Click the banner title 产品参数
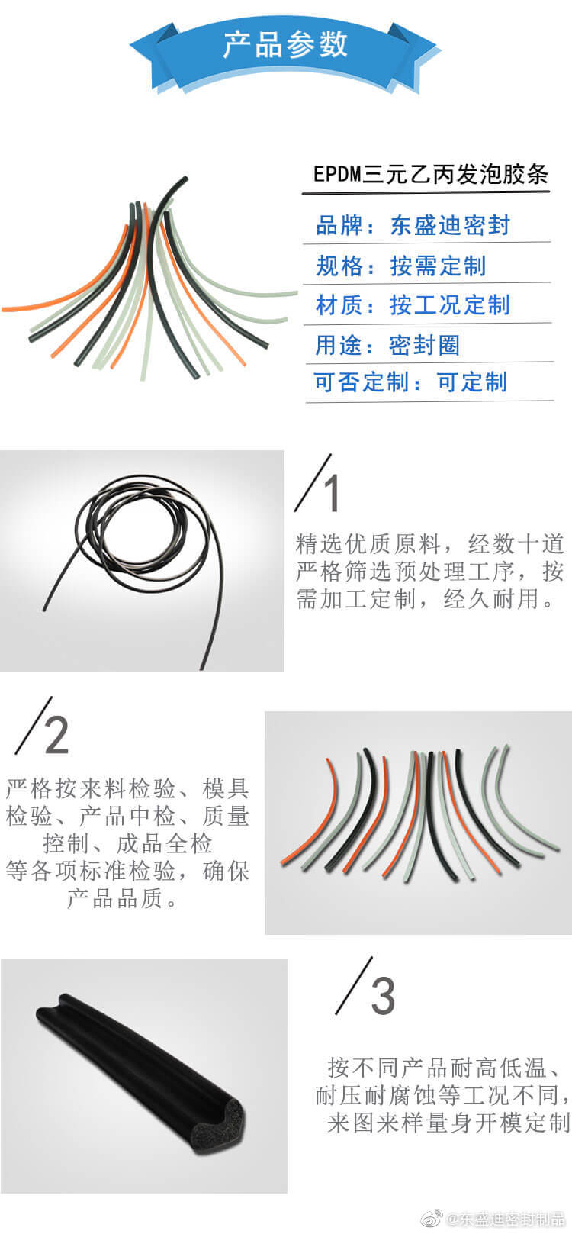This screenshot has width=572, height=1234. click(285, 44)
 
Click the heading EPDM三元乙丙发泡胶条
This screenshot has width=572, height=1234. click(431, 174)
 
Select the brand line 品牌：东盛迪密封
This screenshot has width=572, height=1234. click(413, 225)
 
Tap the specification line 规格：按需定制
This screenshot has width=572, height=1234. click(401, 266)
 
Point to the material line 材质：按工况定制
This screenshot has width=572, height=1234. click(413, 304)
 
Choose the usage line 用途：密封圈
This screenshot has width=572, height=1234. click(387, 345)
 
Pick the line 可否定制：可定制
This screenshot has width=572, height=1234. click(410, 382)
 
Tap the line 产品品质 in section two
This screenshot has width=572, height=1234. click(114, 898)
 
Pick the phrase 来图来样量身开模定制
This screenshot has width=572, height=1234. click(448, 1122)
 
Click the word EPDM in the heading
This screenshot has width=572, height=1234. click(337, 174)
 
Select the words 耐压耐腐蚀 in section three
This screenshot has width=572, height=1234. click(375, 1094)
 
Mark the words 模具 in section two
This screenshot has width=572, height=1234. click(226, 788)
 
